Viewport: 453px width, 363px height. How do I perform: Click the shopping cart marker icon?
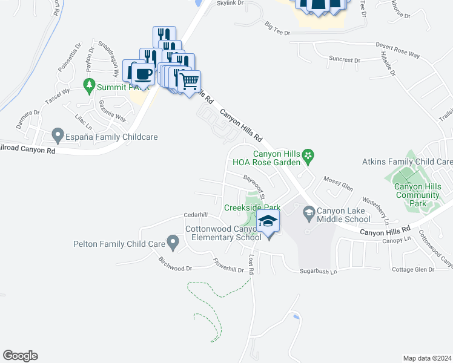pos(190,80)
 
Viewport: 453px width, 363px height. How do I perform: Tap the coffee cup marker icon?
pos(142,74)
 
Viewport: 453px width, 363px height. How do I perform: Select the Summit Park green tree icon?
pos(89,84)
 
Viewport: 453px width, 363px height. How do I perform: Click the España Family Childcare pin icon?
pos(58,134)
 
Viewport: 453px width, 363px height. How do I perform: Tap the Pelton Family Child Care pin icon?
pos(173,244)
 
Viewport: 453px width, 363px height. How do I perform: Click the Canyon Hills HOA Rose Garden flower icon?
pos(308,157)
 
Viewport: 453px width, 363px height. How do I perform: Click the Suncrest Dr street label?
pos(344,60)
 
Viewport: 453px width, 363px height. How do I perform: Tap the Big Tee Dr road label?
pos(278,27)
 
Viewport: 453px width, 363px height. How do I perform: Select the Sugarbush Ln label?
pos(317,272)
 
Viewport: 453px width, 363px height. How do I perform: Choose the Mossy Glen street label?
pos(338,184)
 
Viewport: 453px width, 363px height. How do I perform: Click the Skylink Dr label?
pos(230,3)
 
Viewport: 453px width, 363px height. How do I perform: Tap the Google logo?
pos(20,356)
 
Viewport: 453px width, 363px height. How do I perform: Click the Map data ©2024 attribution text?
pos(426,358)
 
